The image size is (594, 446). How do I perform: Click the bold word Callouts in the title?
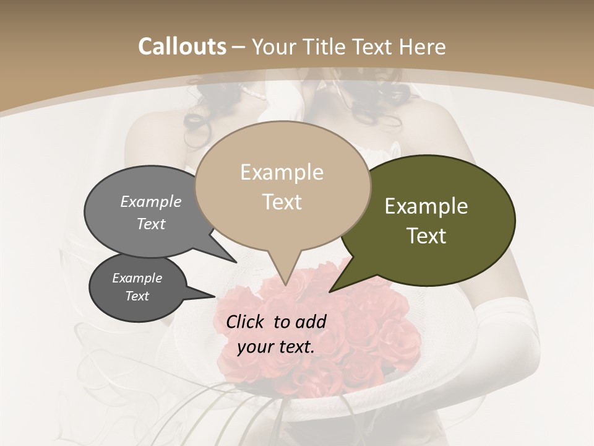pos(182,46)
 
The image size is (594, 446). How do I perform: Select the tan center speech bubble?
pos(282,186)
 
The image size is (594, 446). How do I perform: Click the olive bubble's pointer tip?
pos(330,291)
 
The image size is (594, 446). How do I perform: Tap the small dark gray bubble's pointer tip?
pos(215,296)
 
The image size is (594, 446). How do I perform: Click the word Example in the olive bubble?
pos(426,206)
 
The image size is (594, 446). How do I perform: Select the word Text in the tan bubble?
pos(282,202)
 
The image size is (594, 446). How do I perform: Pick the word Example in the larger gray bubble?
pos(151,201)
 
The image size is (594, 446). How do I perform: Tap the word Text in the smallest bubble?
pos(137,296)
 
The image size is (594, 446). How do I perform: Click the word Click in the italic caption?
pos(246,321)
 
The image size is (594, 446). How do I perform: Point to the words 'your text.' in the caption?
pos(276,346)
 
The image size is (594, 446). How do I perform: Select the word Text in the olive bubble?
pos(427,236)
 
